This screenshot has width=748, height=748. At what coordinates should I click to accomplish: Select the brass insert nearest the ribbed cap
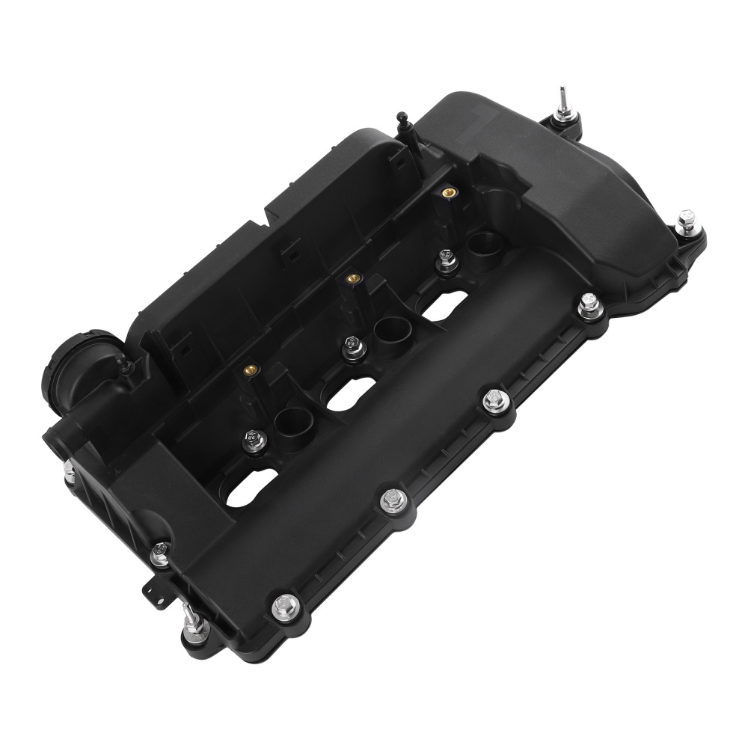pyautogui.click(x=248, y=369)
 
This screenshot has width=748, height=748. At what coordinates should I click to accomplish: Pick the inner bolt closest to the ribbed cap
pyautogui.click(x=251, y=435)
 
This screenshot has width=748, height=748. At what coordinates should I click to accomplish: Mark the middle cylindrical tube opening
pyautogui.click(x=387, y=328)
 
